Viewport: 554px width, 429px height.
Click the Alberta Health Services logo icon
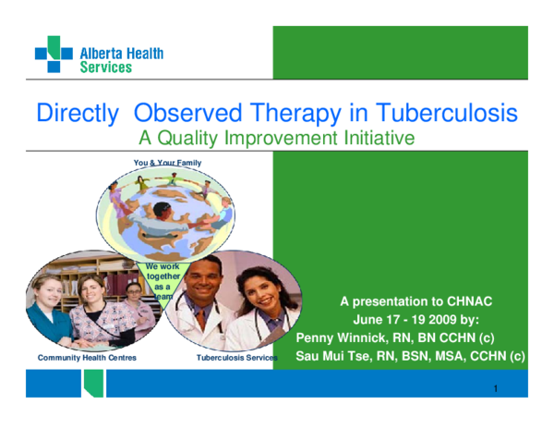(x=53, y=54)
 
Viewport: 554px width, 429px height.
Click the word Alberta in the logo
(x=102, y=54)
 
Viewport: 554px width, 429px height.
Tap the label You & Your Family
(x=167, y=163)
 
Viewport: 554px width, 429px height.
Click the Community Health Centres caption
(x=87, y=356)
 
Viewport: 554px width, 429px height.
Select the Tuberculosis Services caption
(x=236, y=356)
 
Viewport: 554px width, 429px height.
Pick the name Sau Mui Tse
(x=336, y=355)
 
